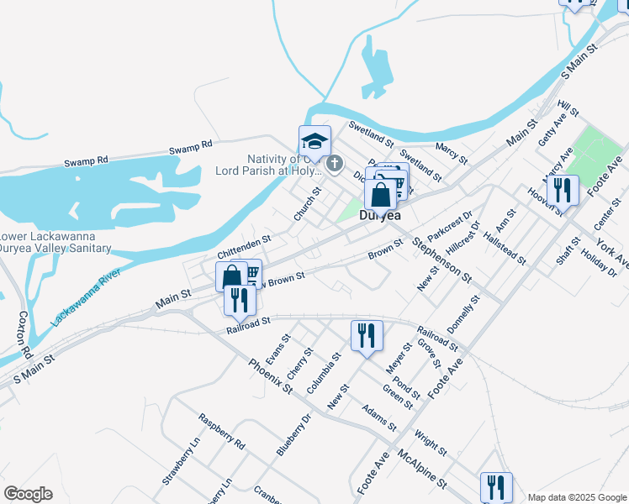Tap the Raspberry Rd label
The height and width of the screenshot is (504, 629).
221,432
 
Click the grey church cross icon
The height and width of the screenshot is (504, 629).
334,164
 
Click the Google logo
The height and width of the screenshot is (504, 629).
28,494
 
